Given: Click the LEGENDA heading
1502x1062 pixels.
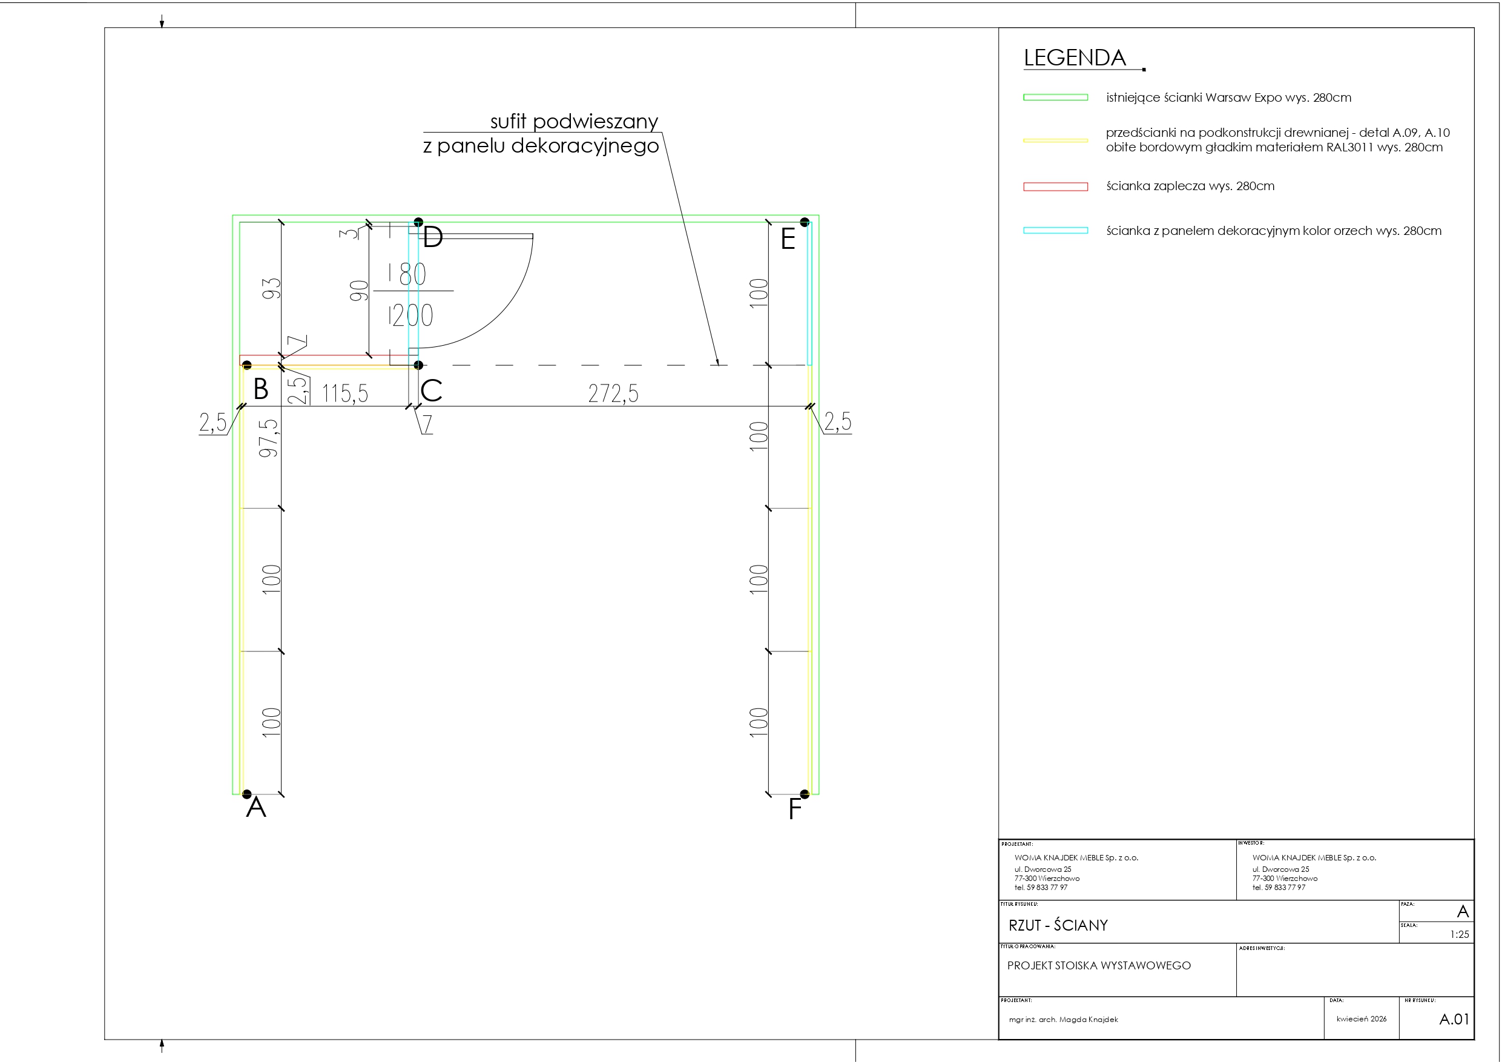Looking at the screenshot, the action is tap(1074, 58).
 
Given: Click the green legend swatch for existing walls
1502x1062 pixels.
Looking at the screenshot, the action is tap(1055, 97).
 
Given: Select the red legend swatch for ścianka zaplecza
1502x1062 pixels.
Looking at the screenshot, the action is tap(1055, 186).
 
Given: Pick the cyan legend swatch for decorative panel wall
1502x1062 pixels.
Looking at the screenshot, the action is tap(1055, 230).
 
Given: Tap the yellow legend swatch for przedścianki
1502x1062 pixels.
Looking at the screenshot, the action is tap(1055, 140).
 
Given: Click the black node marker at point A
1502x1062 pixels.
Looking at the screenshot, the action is tap(246, 794).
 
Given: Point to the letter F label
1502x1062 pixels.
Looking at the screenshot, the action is tap(795, 810).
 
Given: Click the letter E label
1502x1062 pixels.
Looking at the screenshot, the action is tap(788, 239).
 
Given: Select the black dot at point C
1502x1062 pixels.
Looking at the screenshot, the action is tap(419, 365).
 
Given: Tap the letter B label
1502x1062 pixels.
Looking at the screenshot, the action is tap(260, 389).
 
